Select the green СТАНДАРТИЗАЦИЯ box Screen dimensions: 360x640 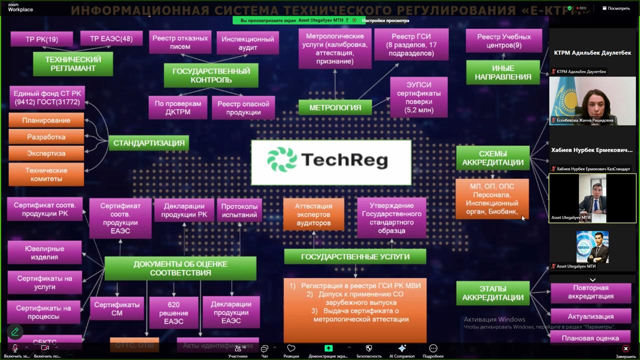(x=149, y=143)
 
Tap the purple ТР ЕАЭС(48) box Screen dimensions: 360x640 (x=111, y=38)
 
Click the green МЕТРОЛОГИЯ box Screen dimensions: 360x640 (x=335, y=107)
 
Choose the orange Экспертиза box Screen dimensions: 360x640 (x=46, y=153)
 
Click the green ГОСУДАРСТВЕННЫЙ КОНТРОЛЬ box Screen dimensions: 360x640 (x=211, y=75)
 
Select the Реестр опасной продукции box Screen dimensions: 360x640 (x=243, y=108)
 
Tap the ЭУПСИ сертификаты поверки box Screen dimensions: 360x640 (x=418, y=97)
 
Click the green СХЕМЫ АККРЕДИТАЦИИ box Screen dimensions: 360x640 (x=492, y=158)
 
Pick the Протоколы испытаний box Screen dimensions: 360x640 (x=239, y=210)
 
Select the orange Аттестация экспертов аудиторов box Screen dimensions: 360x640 (x=313, y=214)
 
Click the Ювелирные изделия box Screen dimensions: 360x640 (x=44, y=252)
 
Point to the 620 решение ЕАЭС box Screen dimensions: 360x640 (x=173, y=312)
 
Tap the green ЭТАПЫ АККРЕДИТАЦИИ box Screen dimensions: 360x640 (x=492, y=293)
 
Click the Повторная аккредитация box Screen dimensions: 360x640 (x=590, y=292)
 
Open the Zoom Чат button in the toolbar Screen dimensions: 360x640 (x=264, y=350)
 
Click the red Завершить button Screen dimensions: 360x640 (x=625, y=350)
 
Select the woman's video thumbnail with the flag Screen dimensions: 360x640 (x=592, y=101)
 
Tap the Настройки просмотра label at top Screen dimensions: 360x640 (x=385, y=20)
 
